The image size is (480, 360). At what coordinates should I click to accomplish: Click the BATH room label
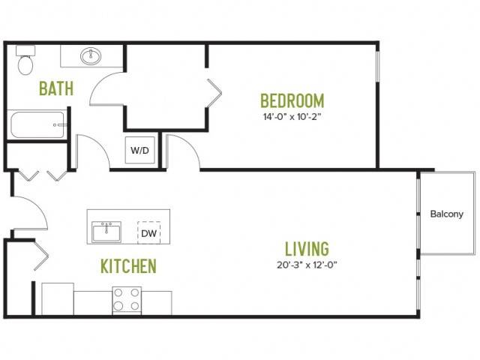coord(56,88)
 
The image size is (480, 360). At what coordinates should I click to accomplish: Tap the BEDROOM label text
coord(292,100)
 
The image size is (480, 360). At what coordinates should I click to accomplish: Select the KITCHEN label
coord(128,266)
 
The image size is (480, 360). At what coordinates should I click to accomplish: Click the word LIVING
coord(307,248)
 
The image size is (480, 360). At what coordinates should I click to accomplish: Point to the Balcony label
coord(447,214)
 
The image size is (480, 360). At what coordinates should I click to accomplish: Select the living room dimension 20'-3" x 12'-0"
coord(307,265)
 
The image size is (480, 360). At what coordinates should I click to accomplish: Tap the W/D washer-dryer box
coord(140,150)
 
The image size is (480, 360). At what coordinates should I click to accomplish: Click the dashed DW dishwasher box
coord(149,233)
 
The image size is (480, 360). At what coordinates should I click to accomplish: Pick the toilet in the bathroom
coord(25,61)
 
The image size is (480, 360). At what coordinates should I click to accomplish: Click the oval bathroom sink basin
coord(91,56)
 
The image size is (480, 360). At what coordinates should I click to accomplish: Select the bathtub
coord(37,124)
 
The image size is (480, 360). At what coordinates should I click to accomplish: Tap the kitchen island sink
coord(106,232)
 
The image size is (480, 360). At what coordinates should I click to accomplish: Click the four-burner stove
coord(127,301)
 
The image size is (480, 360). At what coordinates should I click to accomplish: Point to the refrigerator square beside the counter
coord(58,298)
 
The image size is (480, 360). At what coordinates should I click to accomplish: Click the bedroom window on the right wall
coord(377,67)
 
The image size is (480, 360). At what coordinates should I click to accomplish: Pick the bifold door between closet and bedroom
coord(214,93)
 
